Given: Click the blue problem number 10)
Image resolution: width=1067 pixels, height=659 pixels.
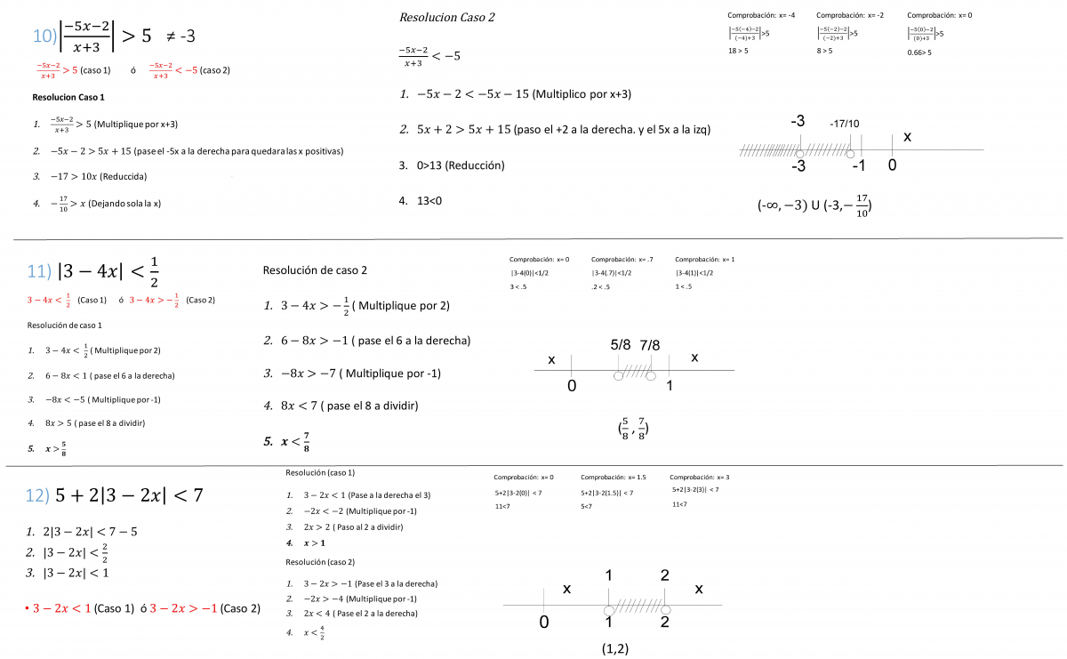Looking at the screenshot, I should [45, 36].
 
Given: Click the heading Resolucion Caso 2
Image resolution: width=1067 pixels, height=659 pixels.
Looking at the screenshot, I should [446, 18].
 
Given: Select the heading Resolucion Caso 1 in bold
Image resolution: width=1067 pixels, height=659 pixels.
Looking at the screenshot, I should [68, 97].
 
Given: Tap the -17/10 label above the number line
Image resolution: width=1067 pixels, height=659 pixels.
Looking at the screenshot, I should [845, 123].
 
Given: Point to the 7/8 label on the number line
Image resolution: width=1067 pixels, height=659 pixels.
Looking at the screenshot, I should [650, 343].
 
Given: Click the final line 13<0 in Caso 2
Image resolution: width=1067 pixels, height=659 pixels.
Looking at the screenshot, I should [429, 201].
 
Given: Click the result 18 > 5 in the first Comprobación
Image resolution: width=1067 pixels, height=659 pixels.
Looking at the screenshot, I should [738, 52].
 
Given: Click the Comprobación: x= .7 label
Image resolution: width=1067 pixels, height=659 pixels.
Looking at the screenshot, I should [622, 260].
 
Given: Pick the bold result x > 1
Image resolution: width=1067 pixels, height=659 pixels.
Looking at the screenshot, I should [315, 542].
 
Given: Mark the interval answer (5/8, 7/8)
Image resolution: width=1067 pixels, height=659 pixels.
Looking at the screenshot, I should [632, 429].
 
